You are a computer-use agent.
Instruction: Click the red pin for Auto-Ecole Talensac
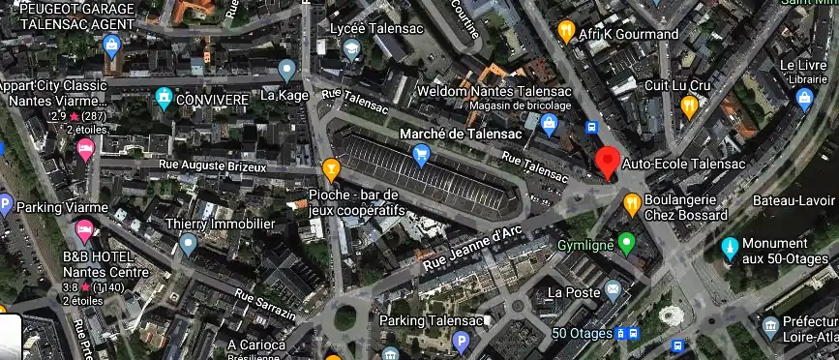(x=608, y=162)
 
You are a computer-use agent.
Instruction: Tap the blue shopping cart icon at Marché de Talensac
(x=421, y=154)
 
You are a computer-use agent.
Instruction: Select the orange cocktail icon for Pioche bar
(x=331, y=170)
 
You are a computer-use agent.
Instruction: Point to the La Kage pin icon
(x=286, y=70)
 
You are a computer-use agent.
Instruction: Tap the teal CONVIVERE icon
(x=165, y=97)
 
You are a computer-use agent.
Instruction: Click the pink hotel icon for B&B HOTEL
(x=84, y=232)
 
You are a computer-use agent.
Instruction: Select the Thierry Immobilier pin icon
(x=188, y=242)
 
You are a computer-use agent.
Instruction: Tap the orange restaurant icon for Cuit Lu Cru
(x=689, y=105)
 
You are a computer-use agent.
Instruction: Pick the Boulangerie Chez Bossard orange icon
(x=632, y=203)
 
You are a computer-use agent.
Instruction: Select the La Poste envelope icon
(x=614, y=290)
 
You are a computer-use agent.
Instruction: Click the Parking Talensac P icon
(x=462, y=341)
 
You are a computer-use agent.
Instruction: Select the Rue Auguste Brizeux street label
(x=215, y=168)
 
